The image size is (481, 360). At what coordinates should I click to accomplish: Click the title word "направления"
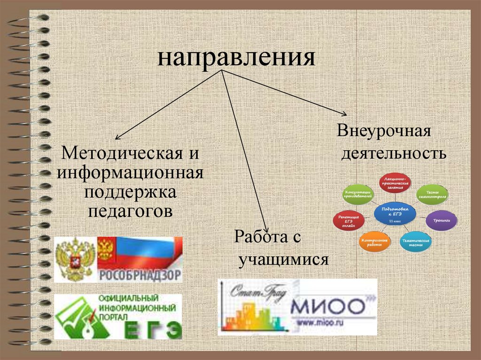236,58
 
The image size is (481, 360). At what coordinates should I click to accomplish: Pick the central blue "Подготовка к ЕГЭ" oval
395,214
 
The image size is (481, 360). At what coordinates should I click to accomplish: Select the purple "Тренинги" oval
441,220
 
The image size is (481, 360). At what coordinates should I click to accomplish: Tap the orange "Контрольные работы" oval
374,242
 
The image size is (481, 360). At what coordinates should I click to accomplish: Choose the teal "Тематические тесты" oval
416,242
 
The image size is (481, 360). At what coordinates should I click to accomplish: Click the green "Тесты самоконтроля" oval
432,194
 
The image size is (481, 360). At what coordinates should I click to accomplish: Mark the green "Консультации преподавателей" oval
359,194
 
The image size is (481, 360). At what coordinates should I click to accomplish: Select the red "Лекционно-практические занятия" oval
395,183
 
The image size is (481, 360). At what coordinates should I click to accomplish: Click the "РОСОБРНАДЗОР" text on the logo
139,275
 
